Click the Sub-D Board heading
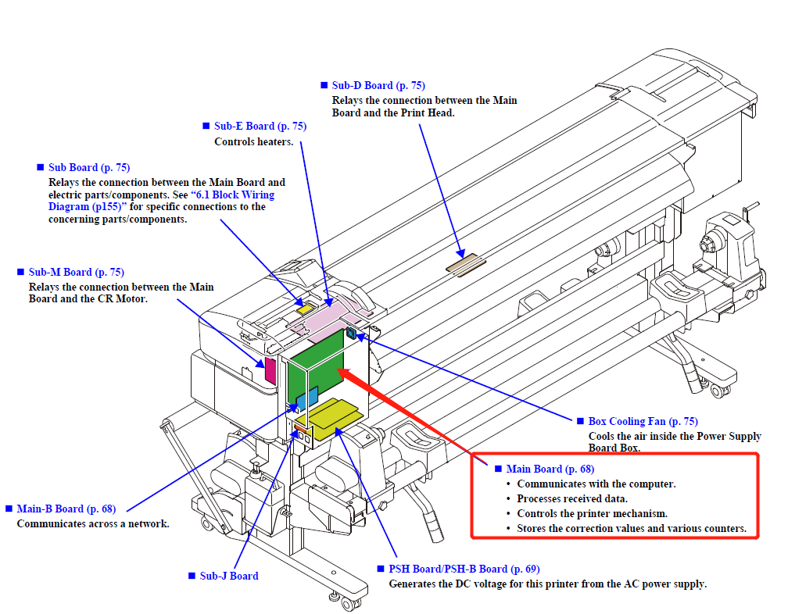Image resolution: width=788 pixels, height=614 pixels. [x=378, y=85]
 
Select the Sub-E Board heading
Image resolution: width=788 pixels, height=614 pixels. [x=260, y=126]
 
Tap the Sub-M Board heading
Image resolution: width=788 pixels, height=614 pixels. [x=77, y=272]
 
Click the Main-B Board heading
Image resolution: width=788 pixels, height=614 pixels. [x=66, y=509]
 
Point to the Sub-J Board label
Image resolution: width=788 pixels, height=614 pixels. [x=228, y=576]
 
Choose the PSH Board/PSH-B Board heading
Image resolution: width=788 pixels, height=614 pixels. [x=464, y=569]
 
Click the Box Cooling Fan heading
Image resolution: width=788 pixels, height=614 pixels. [x=637, y=421]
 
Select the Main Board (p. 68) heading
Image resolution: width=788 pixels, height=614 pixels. [x=550, y=469]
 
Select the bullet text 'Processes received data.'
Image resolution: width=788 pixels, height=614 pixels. [x=572, y=498]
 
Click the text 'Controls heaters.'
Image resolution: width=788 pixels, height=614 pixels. [x=254, y=141]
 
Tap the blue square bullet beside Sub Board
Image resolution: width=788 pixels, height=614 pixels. [x=41, y=167]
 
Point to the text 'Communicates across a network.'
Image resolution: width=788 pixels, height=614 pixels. [x=93, y=523]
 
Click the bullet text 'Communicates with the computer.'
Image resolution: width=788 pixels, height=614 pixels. [x=596, y=484]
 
